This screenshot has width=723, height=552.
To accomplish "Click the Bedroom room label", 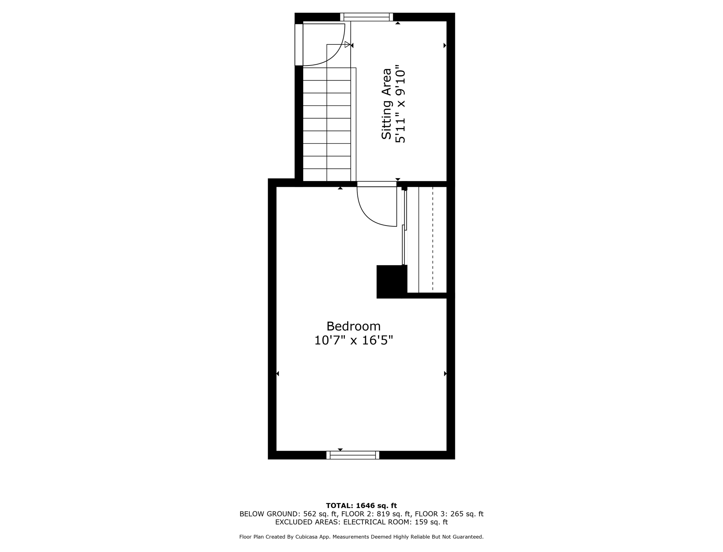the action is click(353, 326).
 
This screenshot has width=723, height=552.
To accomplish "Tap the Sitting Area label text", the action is click(386, 104).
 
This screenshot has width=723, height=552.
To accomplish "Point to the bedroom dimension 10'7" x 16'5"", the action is click(353, 340).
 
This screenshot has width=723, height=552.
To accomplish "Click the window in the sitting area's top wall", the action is click(366, 17).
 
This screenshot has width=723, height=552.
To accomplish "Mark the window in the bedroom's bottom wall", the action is click(353, 455).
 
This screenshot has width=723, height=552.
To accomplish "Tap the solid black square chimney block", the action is click(392, 282).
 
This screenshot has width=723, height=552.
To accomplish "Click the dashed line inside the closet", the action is click(433, 239).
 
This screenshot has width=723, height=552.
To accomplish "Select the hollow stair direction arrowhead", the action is click(347, 44).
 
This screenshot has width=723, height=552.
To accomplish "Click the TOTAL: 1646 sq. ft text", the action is click(361, 506).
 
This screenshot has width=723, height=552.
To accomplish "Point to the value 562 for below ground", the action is click(310, 514).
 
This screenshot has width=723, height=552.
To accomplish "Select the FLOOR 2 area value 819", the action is click(383, 514).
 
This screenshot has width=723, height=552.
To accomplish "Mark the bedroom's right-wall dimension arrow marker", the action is click(445, 374).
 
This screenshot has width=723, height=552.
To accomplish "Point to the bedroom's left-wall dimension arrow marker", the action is click(278, 374).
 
